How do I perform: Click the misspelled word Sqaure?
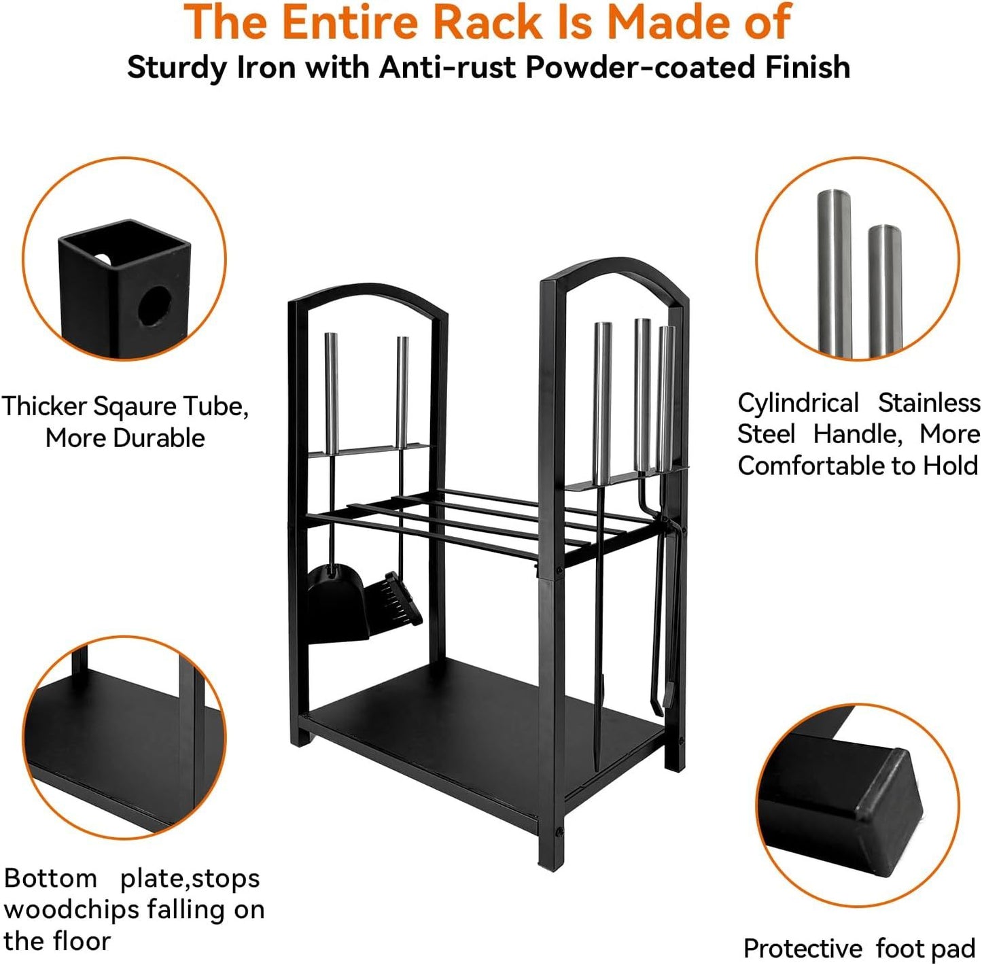pyautogui.click(x=136, y=408)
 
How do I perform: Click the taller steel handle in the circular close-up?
pyautogui.click(x=835, y=273)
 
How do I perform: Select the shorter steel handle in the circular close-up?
pyautogui.click(x=885, y=291)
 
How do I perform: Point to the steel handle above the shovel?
pyautogui.click(x=331, y=393)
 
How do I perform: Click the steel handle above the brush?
pyautogui.click(x=402, y=392)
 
